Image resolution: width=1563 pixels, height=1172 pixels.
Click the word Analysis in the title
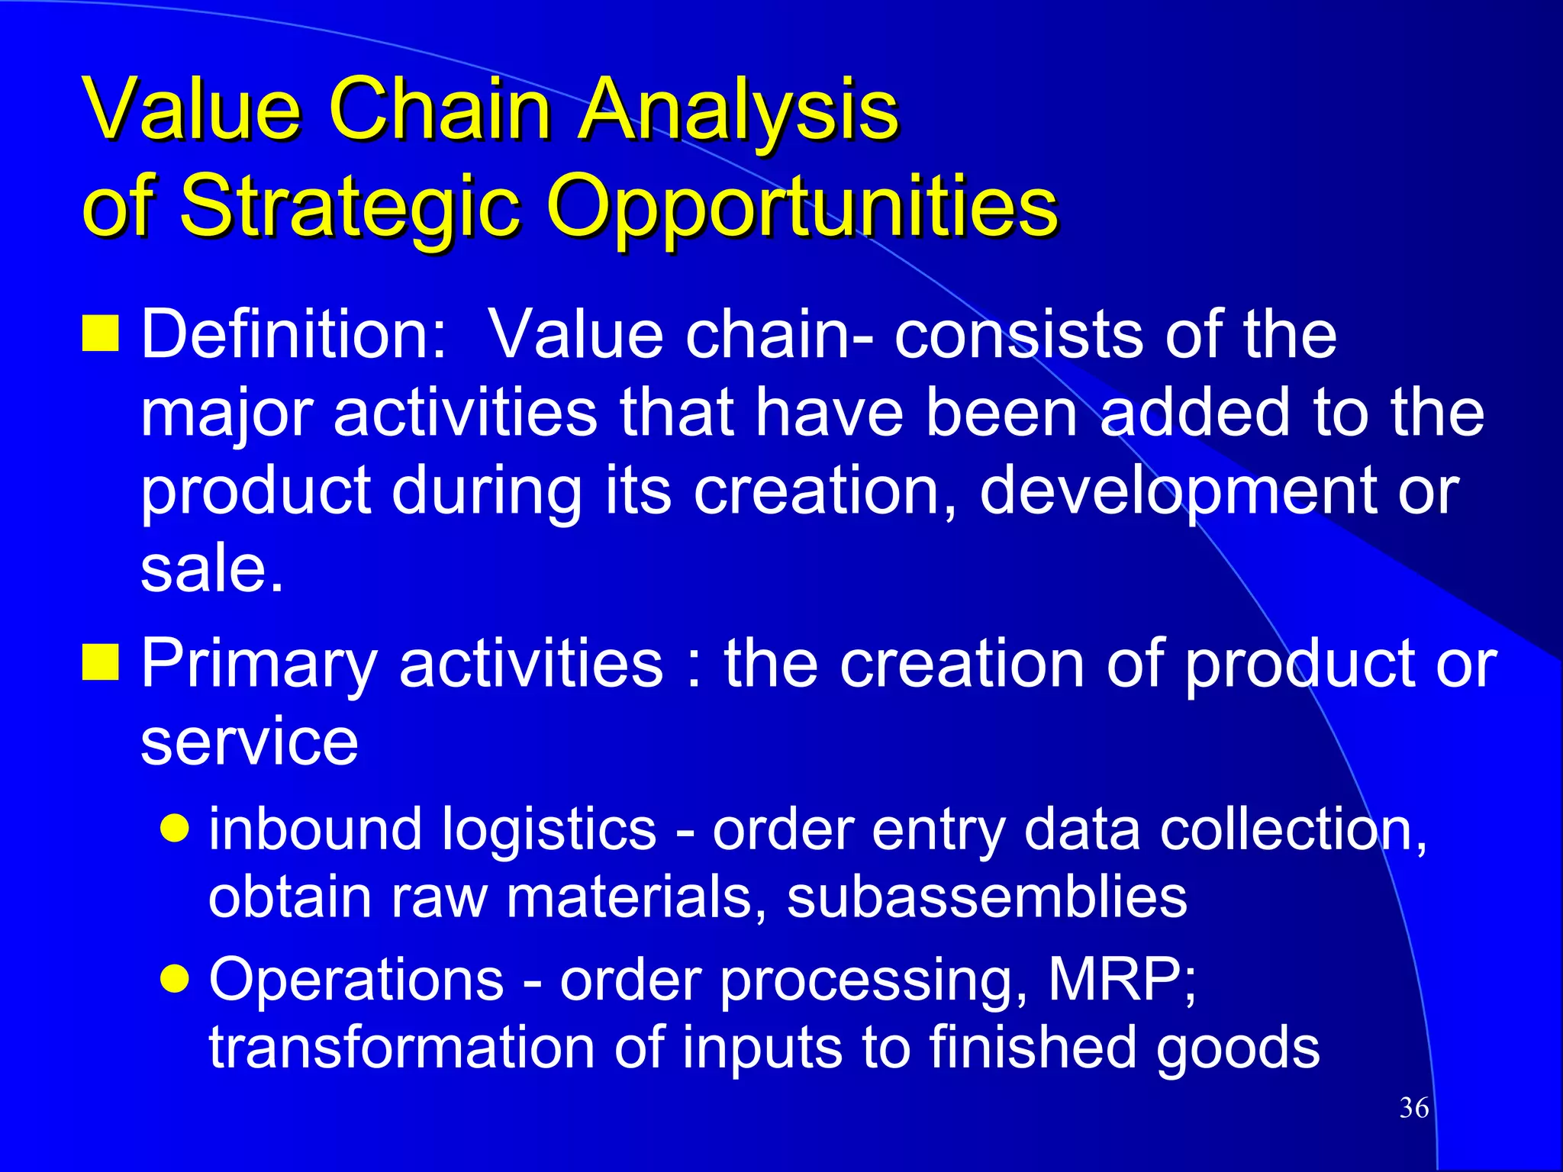click(x=739, y=110)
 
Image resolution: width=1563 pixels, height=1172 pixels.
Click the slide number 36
click(x=1413, y=1108)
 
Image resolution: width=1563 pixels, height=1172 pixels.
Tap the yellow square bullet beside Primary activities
click(x=101, y=662)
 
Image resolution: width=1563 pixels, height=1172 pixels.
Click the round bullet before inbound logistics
click(x=176, y=829)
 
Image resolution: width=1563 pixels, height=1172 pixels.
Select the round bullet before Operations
click(x=176, y=979)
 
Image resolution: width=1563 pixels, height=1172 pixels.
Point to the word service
click(x=249, y=742)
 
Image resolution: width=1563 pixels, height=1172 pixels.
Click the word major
click(x=227, y=414)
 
